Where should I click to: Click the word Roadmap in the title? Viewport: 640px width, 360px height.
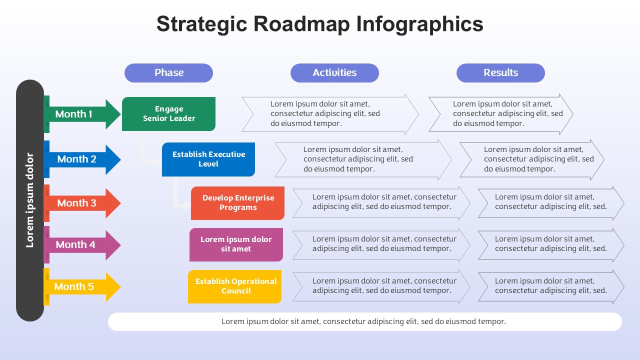click(301, 24)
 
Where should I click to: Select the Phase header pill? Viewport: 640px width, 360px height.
click(168, 73)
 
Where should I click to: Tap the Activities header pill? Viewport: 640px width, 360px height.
click(334, 73)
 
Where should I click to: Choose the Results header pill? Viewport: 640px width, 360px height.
click(500, 73)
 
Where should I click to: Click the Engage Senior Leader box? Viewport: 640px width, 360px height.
click(168, 114)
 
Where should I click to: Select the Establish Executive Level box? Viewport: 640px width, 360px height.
click(208, 159)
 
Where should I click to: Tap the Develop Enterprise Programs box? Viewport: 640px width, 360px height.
click(237, 203)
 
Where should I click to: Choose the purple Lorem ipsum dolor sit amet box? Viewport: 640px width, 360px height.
click(236, 244)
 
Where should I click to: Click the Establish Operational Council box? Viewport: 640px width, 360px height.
click(235, 286)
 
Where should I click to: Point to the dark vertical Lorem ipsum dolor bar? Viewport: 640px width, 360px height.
click(30, 200)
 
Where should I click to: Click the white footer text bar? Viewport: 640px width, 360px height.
click(365, 321)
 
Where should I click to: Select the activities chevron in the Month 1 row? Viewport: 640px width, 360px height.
click(330, 114)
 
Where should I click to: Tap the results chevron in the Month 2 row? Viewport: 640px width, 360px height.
click(532, 159)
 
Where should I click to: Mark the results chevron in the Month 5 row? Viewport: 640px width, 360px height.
click(551, 286)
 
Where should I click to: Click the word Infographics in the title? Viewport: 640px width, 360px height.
click(419, 24)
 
